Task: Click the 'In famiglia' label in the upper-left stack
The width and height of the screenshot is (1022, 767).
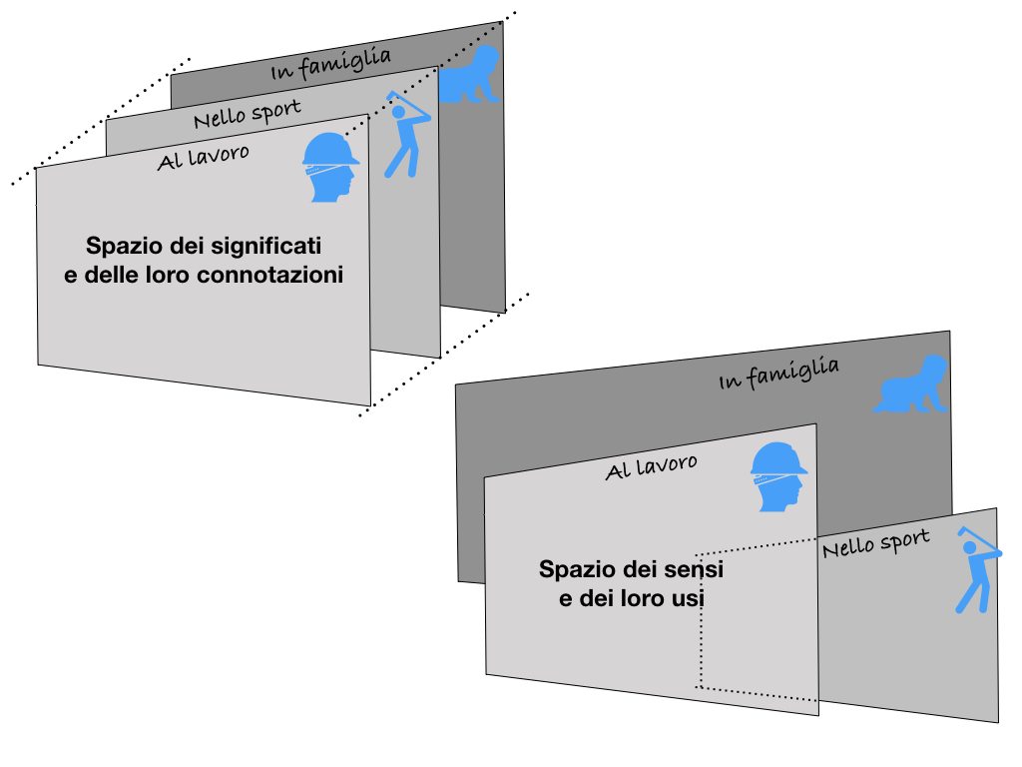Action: tap(330, 65)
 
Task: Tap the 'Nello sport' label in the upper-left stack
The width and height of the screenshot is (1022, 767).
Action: tap(248, 113)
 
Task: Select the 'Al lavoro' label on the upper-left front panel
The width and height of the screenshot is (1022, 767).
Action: tap(203, 157)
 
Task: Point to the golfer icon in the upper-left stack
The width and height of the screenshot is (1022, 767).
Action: tap(407, 135)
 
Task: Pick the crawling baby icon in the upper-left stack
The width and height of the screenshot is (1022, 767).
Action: tap(469, 74)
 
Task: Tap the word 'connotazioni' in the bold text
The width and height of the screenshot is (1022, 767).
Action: tap(269, 275)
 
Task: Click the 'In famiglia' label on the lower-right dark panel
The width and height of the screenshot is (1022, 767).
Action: tap(778, 374)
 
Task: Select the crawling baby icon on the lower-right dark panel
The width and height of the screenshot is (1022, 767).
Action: tap(910, 384)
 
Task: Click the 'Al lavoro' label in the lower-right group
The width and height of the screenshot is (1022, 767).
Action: tap(651, 467)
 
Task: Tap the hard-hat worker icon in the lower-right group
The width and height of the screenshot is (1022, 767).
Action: tap(778, 476)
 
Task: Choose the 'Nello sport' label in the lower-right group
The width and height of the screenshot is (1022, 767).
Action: tap(876, 543)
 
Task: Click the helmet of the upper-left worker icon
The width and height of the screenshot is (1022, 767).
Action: tap(330, 150)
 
